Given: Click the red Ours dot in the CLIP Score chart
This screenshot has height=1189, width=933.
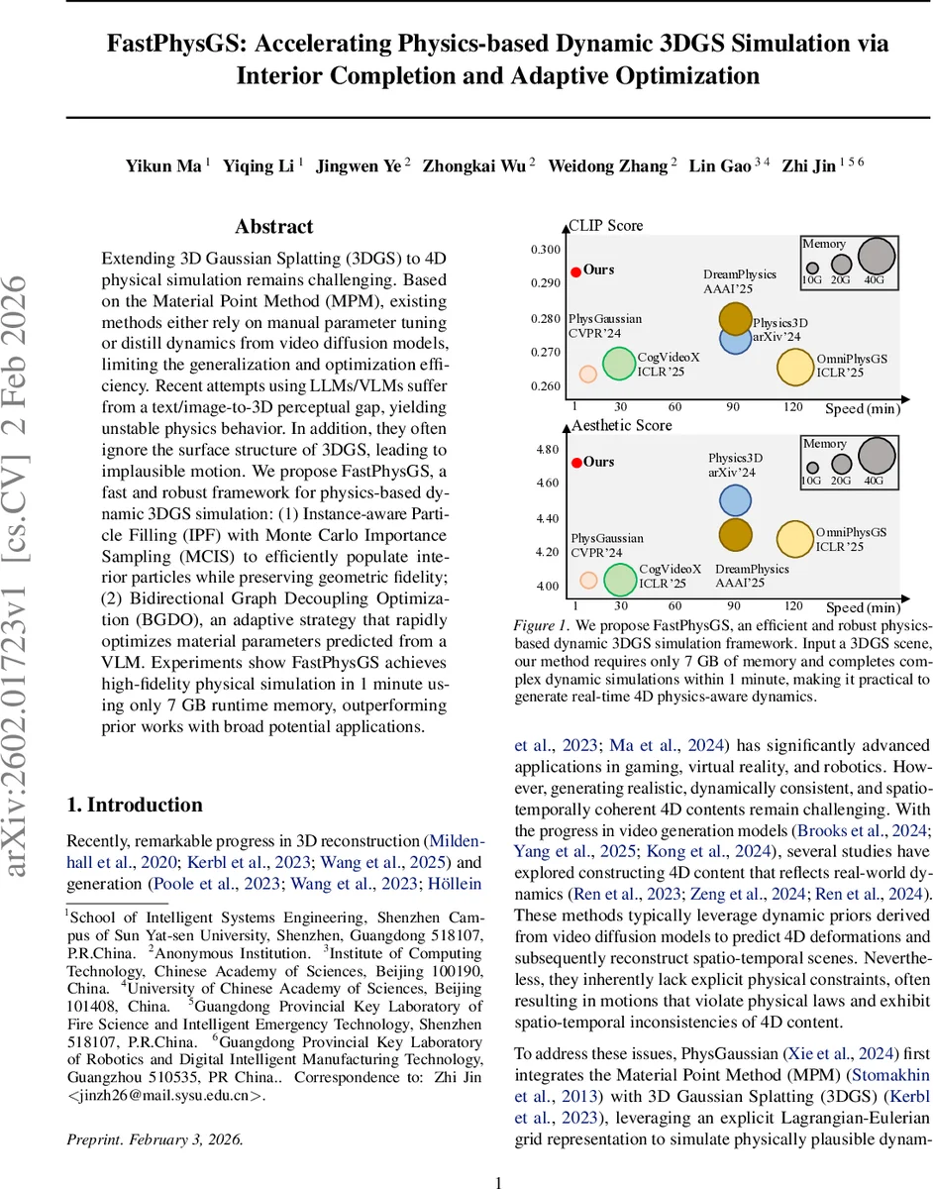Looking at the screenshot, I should [575, 270].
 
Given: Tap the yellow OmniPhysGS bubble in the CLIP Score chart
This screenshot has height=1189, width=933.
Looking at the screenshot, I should [794, 367].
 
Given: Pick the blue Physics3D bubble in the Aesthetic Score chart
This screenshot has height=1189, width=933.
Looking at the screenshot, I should [735, 499].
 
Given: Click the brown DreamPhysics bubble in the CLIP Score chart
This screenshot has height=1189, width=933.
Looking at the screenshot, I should [735, 318].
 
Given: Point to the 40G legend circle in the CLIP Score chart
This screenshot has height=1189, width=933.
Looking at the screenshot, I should [876, 256].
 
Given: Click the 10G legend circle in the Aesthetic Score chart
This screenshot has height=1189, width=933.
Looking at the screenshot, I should [812, 468].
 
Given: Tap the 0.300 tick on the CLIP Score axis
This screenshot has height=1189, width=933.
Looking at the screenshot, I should [545, 250].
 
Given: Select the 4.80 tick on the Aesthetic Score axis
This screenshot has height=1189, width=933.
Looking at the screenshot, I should [547, 450].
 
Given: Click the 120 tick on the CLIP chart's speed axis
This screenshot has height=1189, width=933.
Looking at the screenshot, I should [793, 407].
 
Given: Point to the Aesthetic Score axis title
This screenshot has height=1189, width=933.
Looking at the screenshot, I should [622, 425].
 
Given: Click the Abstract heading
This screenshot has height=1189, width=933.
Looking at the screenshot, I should [274, 227].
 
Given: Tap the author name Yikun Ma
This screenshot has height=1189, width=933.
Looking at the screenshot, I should [163, 166].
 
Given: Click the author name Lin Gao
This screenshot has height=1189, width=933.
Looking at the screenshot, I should [720, 166].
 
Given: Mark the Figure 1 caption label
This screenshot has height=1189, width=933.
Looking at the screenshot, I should [541, 626].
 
